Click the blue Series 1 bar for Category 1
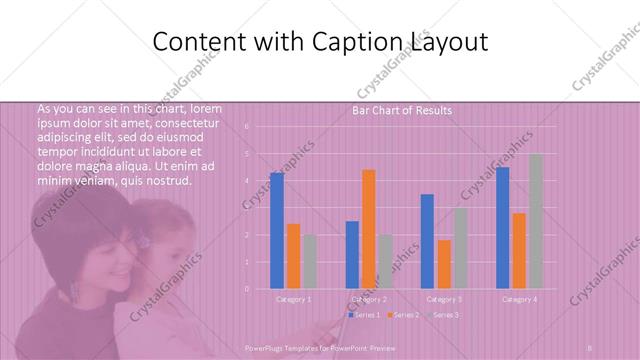click(x=277, y=231)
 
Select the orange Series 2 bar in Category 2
click(x=369, y=229)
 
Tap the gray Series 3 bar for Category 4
click(x=535, y=221)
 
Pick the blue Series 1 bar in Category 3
click(x=427, y=241)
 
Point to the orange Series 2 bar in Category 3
click(x=444, y=264)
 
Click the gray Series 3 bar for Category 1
click(x=309, y=262)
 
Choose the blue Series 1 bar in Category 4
click(x=502, y=228)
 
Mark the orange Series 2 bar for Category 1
click(x=293, y=256)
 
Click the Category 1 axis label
click(x=293, y=299)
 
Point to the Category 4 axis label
click(x=518, y=299)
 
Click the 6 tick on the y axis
click(x=246, y=127)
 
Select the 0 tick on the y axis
click(x=246, y=289)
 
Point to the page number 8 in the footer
click(x=591, y=347)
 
